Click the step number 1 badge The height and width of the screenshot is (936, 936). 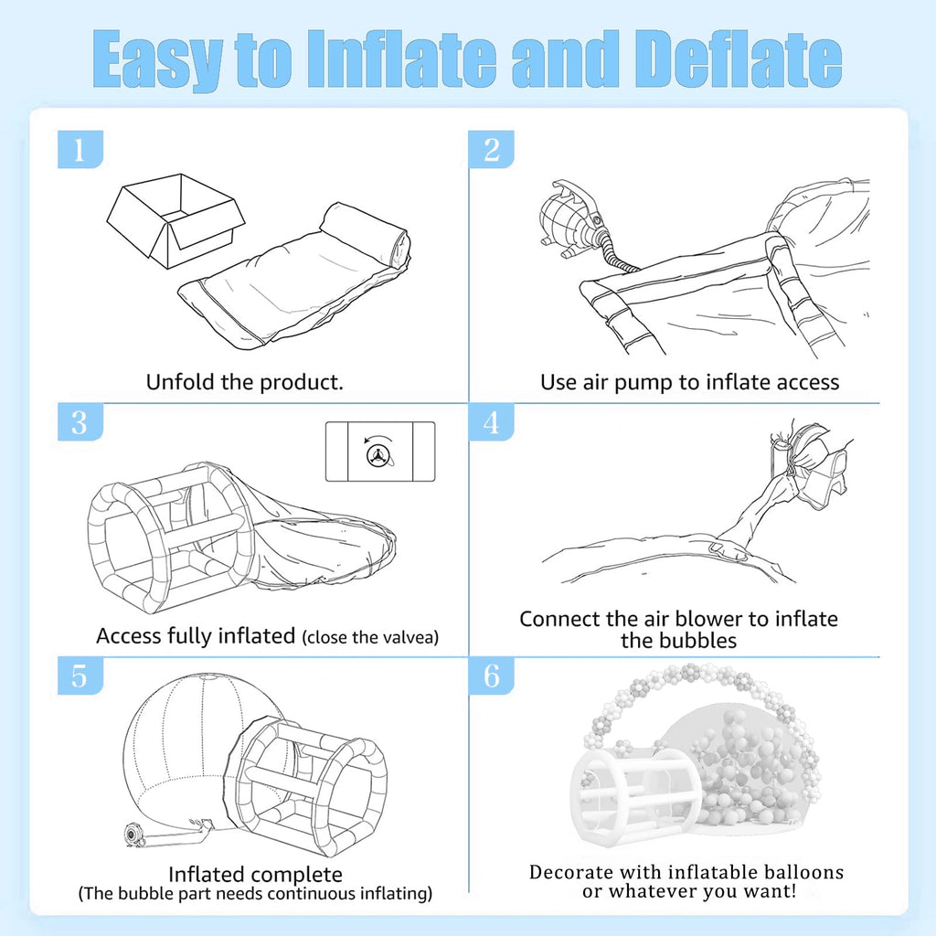coord(80,149)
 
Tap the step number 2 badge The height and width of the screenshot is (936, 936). coord(491,149)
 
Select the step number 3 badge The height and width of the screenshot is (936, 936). coord(80,422)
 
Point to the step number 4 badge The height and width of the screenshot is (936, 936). coord(491,422)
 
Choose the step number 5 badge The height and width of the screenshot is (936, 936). coord(80,675)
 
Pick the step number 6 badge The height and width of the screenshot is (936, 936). coord(491,675)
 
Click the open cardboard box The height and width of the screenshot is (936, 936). coord(175,220)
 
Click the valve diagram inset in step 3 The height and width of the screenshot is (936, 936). coord(380,452)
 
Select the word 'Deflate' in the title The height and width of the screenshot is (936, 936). coord(738,59)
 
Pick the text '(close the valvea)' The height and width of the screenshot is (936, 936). coord(370,637)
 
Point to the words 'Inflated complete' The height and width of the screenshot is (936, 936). coord(256,875)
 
